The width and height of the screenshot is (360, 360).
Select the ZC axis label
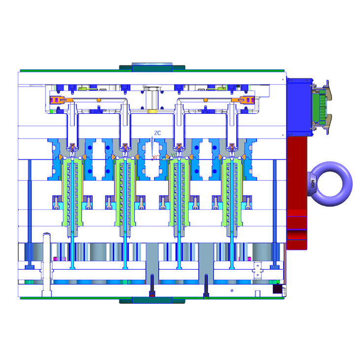(x=157, y=133)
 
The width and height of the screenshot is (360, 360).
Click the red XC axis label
(x=155, y=157)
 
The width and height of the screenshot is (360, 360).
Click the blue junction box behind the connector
(x=299, y=106)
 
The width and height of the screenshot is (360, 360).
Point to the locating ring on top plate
(x=152, y=67)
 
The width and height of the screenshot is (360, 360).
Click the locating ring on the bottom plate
(x=152, y=300)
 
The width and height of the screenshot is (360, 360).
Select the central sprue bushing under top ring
(x=152, y=99)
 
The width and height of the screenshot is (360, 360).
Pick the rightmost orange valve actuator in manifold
(x=245, y=101)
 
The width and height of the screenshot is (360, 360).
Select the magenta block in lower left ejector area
(x=56, y=258)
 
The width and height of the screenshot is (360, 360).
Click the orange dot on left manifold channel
(x=99, y=100)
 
